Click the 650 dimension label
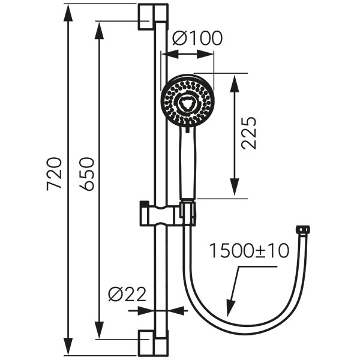(x=86, y=174)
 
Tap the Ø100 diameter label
(x=197, y=38)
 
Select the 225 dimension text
(x=248, y=133)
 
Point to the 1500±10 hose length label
(x=250, y=251)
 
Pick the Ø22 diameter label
(x=127, y=295)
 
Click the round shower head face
(x=188, y=101)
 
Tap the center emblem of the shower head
(x=188, y=103)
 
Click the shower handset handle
(x=188, y=163)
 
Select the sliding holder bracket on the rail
(x=167, y=214)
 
